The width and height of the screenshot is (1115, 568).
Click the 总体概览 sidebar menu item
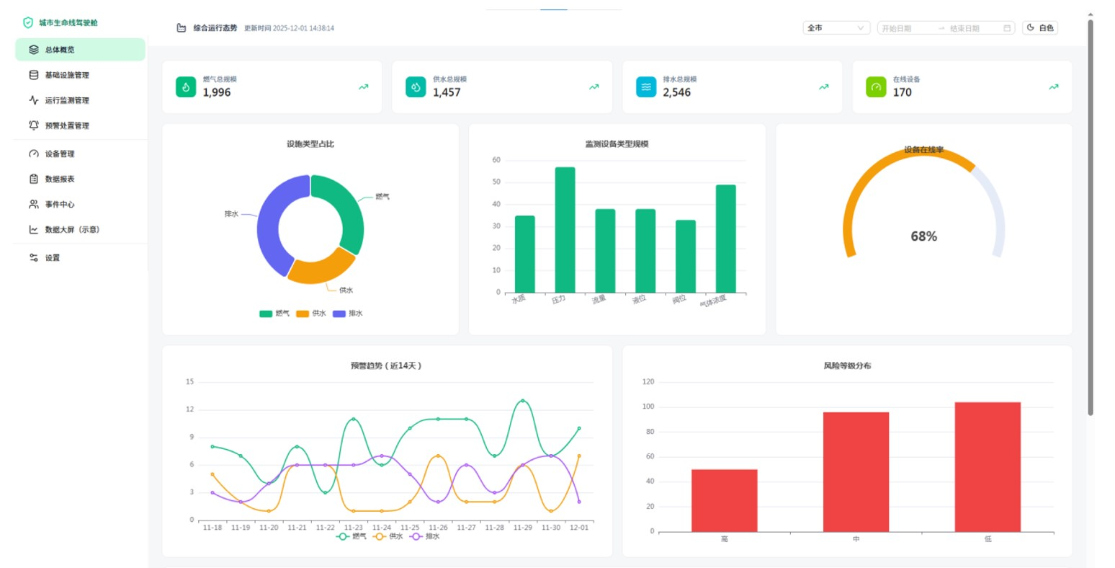[60, 50]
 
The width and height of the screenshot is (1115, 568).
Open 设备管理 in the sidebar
[60, 154]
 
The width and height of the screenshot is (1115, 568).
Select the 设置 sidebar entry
[53, 257]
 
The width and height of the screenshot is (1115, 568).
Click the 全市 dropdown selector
[836, 28]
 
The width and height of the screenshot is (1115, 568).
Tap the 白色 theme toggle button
[1039, 28]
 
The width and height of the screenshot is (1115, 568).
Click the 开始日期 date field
[905, 28]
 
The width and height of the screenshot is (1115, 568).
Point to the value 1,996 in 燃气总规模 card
[217, 92]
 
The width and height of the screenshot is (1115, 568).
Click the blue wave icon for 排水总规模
[646, 87]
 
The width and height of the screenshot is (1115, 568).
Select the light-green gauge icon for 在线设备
[876, 87]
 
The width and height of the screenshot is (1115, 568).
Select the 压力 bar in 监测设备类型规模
[565, 229]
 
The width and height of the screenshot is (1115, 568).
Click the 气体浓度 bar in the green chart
[725, 238]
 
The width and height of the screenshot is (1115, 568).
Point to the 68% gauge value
[923, 236]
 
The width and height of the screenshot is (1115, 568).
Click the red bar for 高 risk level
[724, 500]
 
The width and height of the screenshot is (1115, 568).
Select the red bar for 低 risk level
[987, 466]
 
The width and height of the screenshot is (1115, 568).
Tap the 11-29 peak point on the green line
[523, 401]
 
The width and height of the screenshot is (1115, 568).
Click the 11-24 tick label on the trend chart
[382, 528]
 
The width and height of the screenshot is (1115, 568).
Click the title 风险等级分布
[847, 365]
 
